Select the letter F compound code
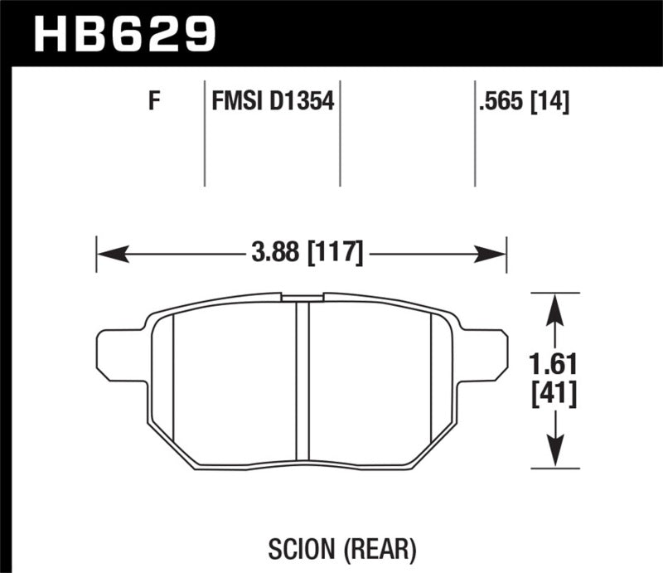coord(152,103)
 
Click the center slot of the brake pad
coord(302,381)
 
